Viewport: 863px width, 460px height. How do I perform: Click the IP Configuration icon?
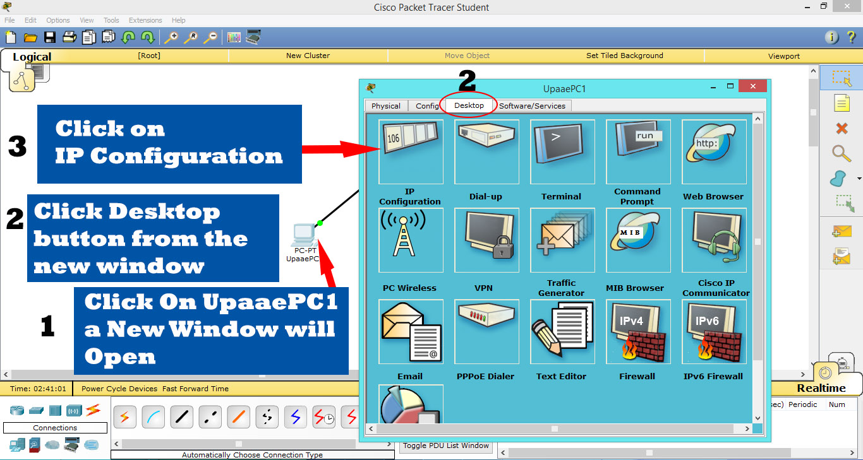point(411,151)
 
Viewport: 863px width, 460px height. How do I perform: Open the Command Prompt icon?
point(637,151)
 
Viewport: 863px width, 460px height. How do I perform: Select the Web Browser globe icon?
point(713,151)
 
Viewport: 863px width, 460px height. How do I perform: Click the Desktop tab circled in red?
point(469,105)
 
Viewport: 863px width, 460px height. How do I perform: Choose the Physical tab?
point(386,106)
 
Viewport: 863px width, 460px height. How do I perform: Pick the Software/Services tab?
point(532,106)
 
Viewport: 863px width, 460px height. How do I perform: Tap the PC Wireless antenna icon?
point(411,240)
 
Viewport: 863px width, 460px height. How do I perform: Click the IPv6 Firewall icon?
point(713,331)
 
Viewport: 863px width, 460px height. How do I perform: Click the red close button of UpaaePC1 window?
point(752,86)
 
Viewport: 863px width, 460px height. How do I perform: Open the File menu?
point(9,20)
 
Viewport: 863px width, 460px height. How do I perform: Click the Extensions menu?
point(145,20)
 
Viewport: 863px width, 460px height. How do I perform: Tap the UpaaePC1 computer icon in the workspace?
point(304,235)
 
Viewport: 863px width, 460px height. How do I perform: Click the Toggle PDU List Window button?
point(446,445)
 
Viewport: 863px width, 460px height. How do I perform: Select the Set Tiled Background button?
point(624,56)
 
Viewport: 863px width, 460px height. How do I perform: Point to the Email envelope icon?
point(411,331)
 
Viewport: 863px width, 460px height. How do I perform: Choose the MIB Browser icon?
point(637,240)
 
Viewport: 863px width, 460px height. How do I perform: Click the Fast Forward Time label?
point(195,389)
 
